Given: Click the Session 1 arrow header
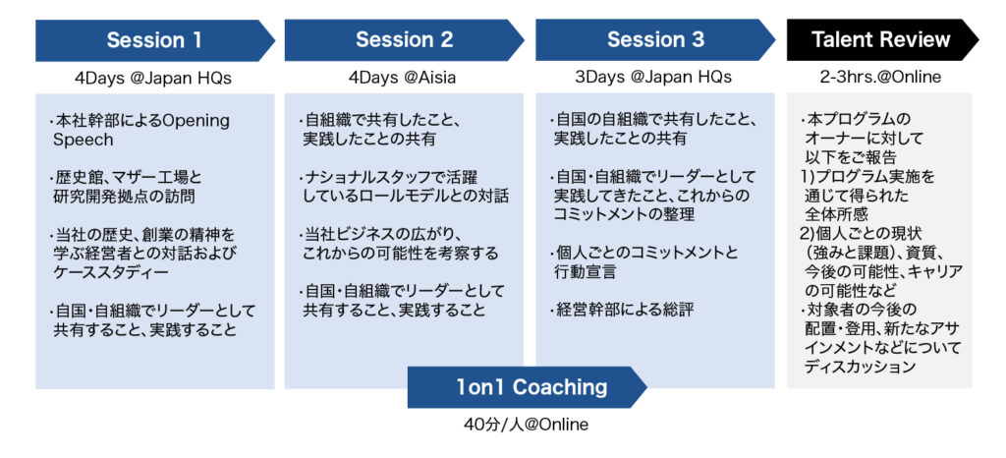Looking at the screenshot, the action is click(154, 39).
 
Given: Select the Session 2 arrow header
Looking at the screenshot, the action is click(404, 39).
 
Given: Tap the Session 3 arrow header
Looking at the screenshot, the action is click(655, 39).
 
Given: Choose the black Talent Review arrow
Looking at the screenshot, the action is click(883, 39).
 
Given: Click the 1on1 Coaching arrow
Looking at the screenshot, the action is click(528, 387).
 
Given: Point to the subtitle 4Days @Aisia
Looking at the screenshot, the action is click(404, 78).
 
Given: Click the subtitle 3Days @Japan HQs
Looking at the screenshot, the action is click(653, 77).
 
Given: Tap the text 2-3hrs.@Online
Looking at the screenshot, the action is click(879, 78).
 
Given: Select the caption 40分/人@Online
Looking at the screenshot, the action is click(527, 425).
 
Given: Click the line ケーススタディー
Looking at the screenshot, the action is click(111, 272).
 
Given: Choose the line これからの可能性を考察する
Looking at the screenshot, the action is click(401, 254).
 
